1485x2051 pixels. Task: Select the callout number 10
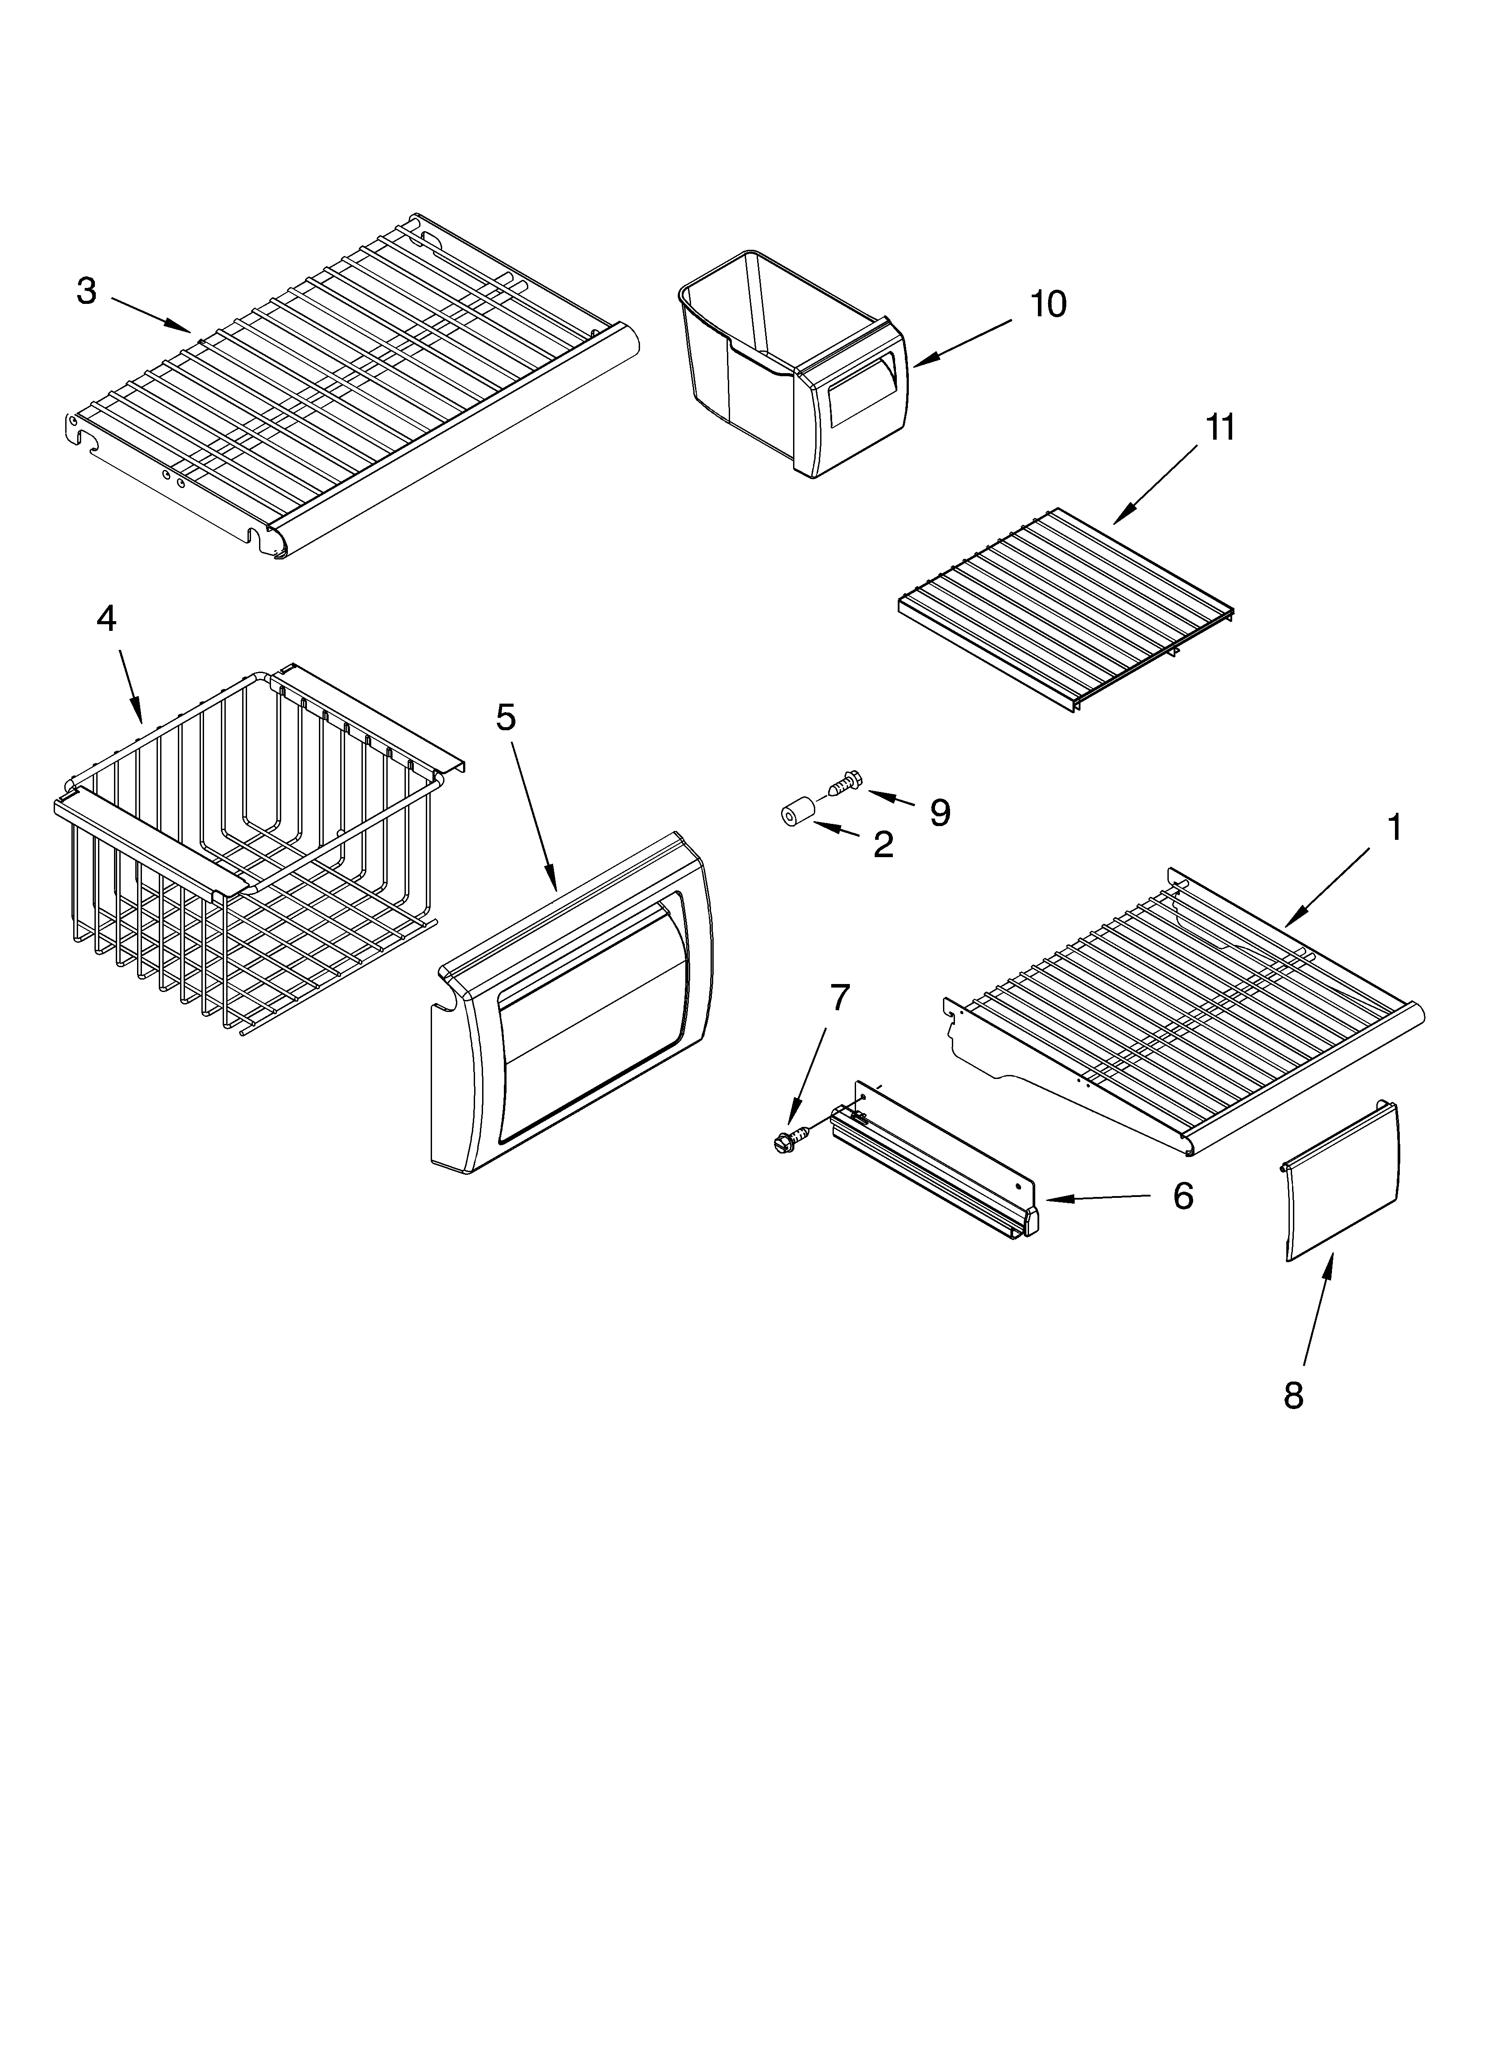pyautogui.click(x=1048, y=305)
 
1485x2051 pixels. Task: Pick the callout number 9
pyautogui.click(x=939, y=813)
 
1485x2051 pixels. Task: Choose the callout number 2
pyautogui.click(x=883, y=845)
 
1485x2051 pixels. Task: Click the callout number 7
pyautogui.click(x=839, y=997)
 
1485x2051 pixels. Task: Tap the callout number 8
pyautogui.click(x=1293, y=1395)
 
